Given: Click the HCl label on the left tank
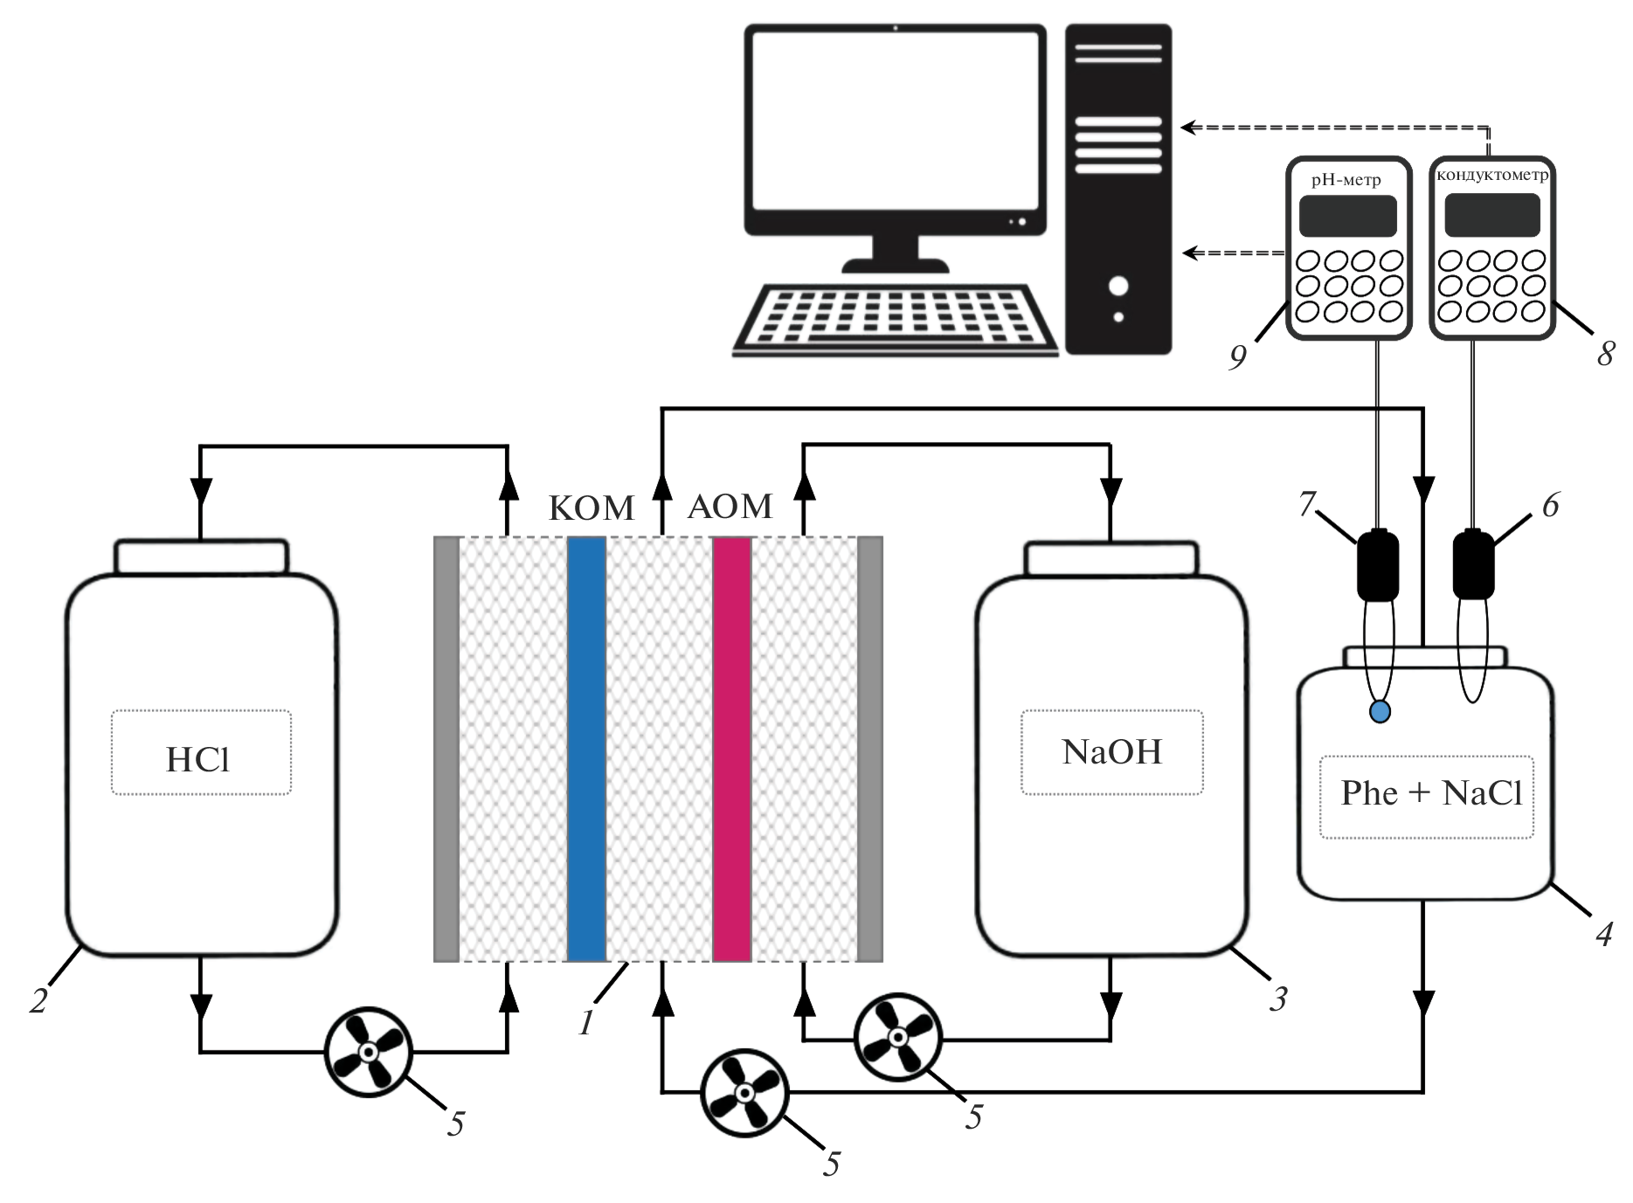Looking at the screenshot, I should tap(198, 759).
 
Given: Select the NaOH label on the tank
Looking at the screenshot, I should tap(1111, 752).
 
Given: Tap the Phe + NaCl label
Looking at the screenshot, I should tap(1430, 793).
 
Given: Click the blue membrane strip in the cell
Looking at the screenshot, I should tap(586, 749).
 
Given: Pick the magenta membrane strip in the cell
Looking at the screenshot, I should tap(732, 749).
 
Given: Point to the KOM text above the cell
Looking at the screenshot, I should tap(592, 508).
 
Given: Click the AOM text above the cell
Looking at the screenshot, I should tap(730, 507).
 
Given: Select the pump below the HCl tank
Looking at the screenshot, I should tap(368, 1053).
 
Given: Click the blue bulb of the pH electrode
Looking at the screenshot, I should tap(1380, 712).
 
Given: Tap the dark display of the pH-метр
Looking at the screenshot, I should tap(1347, 216).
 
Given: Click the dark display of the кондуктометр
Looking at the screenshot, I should tap(1491, 215).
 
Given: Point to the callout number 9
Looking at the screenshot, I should tap(1237, 356).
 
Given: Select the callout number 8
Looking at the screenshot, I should tap(1605, 354).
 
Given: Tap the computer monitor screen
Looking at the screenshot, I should tap(894, 121).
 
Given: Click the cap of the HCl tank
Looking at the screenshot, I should tap(201, 557).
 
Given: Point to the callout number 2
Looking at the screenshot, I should tap(38, 1000).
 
